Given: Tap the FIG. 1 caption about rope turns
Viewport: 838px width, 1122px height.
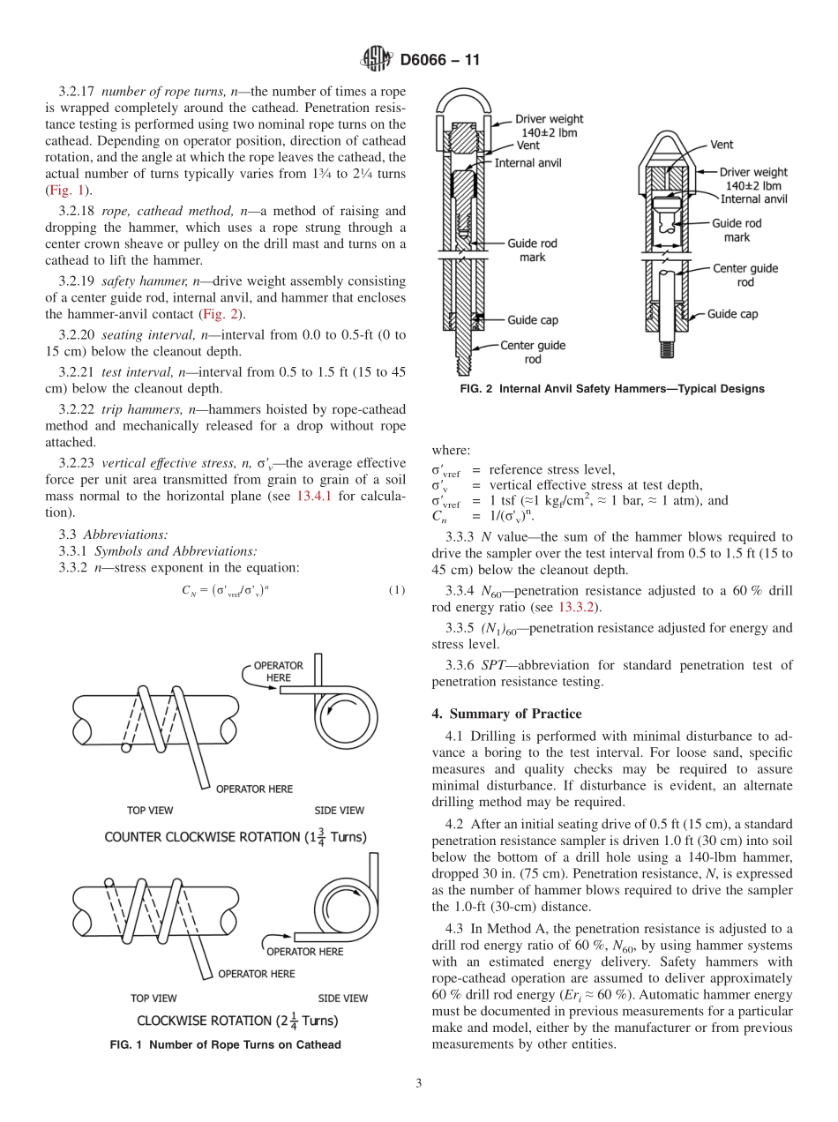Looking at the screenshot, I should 224,1044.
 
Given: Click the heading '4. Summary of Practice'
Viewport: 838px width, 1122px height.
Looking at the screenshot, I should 507,713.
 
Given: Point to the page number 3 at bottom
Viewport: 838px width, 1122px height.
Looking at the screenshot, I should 419,1083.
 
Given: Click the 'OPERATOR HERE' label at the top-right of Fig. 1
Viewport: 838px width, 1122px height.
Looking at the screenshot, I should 278,671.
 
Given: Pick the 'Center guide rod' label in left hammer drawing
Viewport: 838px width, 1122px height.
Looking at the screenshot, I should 533,352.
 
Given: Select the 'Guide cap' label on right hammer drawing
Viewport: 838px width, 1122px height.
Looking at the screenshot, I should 732,314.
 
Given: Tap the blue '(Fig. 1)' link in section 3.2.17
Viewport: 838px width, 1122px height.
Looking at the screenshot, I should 68,191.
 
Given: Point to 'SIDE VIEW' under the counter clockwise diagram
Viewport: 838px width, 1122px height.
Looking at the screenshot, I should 340,810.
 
